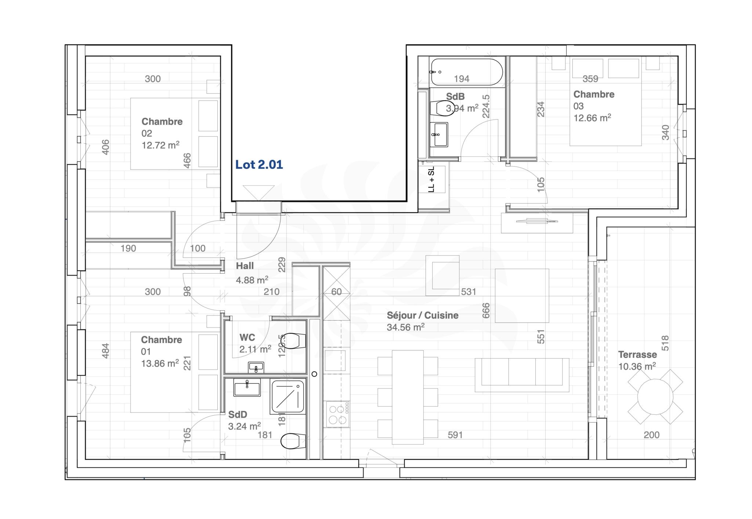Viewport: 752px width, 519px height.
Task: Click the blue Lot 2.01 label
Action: (259, 165)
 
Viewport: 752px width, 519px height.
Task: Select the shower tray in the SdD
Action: (288, 397)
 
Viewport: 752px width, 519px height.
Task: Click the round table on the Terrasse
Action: (655, 396)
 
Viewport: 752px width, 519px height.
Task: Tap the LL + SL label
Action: (431, 179)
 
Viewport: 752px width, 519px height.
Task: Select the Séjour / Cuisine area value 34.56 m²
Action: (405, 327)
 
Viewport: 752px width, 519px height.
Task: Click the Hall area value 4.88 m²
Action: (252, 280)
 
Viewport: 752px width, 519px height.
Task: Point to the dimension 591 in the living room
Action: (455, 435)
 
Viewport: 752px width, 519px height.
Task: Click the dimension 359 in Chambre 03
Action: (590, 79)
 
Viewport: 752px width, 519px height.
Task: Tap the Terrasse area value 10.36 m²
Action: (637, 366)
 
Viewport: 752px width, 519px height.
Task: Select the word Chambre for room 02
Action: (162, 121)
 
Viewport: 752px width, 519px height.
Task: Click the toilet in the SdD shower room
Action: (293, 441)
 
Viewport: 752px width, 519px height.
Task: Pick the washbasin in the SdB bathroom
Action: (439, 134)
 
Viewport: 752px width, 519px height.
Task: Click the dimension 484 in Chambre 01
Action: (105, 351)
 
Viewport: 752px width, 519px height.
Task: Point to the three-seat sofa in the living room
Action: (522, 375)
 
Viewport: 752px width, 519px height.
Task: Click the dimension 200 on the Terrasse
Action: (652, 435)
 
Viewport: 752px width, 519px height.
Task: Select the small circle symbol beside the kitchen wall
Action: (314, 374)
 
